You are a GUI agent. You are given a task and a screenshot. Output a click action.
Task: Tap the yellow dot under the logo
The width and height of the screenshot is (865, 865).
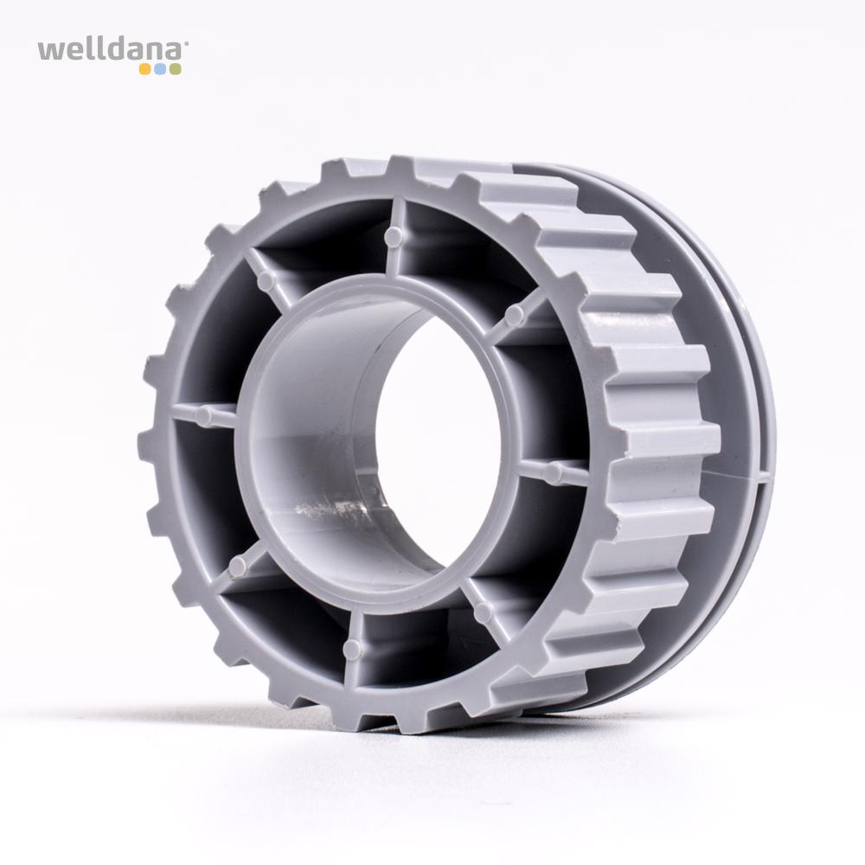pyautogui.click(x=145, y=69)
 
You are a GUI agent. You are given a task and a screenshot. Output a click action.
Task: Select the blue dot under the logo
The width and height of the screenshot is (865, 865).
pyautogui.click(x=160, y=69)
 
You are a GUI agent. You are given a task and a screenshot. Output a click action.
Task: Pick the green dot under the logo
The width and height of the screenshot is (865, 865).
pyautogui.click(x=175, y=69)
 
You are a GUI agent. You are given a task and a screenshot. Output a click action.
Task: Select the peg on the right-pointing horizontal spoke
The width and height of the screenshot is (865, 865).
pyautogui.click(x=554, y=470)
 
